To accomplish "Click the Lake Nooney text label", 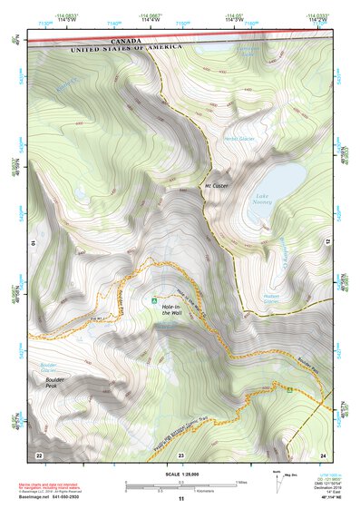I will (x=264, y=201).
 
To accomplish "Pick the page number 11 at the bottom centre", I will (x=181, y=500).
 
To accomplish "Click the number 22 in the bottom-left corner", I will (x=38, y=453).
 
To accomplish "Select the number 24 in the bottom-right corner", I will (x=323, y=453).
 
